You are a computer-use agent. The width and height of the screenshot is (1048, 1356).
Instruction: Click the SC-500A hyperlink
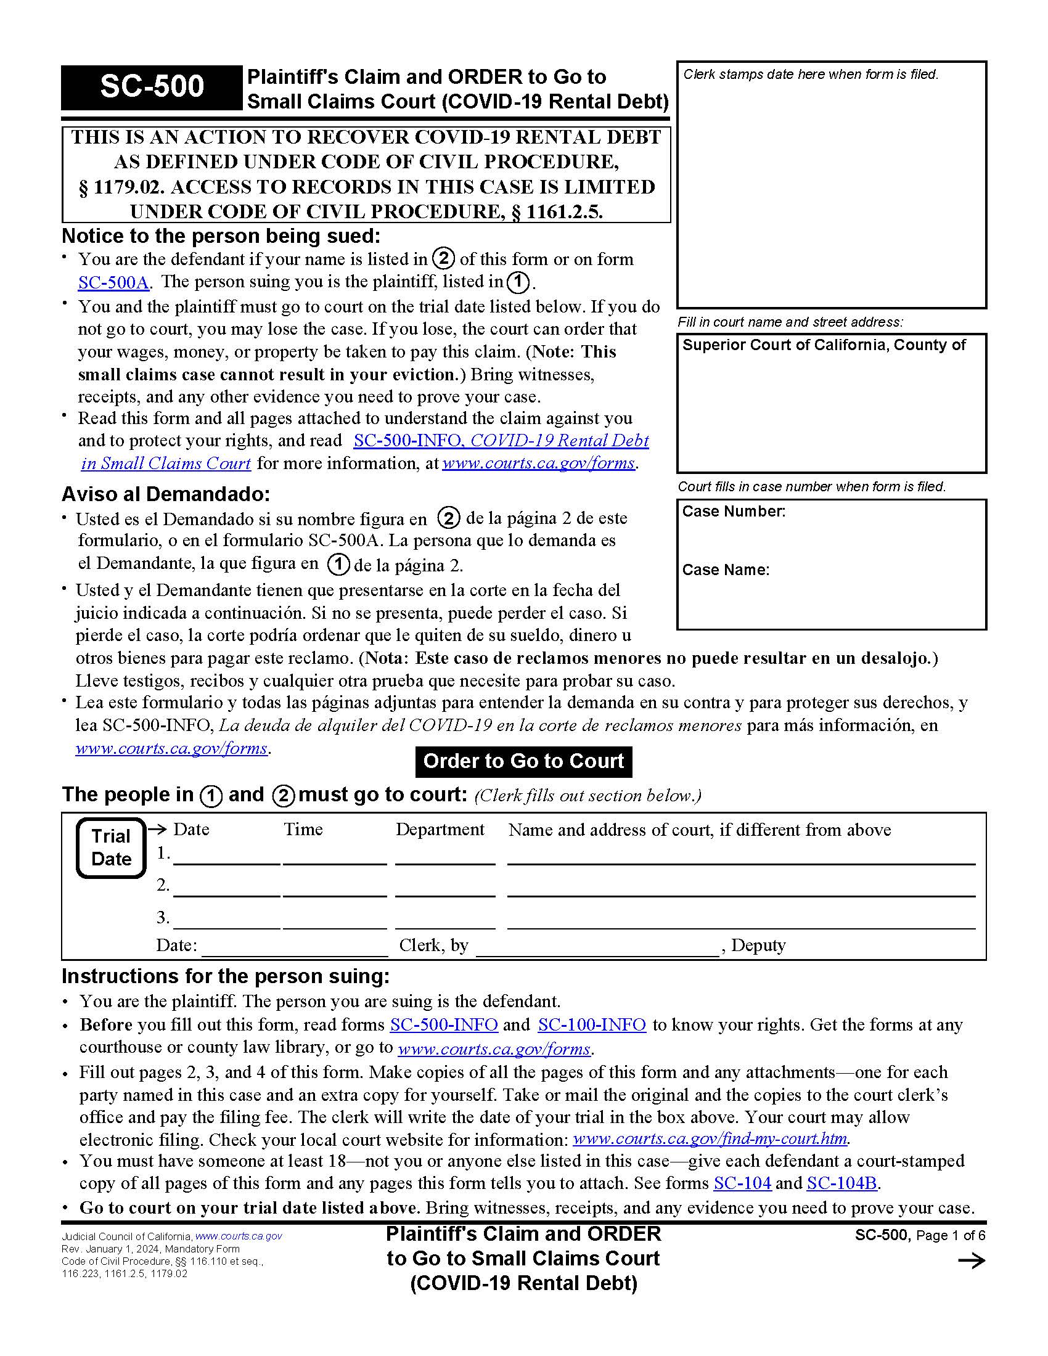[113, 282]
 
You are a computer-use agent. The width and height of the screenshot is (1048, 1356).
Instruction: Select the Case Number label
[733, 512]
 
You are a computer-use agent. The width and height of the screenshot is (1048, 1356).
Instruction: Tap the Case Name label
[725, 570]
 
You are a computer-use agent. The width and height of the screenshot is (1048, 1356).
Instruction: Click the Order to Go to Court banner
[523, 761]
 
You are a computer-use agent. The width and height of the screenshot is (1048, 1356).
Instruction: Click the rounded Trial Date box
[111, 847]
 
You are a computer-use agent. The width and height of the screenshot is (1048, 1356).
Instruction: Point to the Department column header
[440, 830]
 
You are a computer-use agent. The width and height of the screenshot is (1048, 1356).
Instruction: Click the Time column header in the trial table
[303, 830]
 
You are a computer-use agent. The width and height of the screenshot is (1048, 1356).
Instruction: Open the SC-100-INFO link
[591, 1024]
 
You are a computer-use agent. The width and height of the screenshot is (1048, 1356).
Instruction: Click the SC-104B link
[841, 1183]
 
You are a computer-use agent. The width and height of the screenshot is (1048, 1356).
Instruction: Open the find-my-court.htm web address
[710, 1138]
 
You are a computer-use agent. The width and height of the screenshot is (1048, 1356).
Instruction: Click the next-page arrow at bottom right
[971, 1260]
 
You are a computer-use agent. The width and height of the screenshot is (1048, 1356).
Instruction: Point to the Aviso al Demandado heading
[166, 494]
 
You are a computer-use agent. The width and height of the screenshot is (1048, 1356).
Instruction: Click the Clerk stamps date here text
[810, 75]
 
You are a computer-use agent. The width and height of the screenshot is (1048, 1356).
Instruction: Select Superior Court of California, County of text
[823, 345]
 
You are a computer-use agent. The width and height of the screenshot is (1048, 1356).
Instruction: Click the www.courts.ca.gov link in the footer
[239, 1236]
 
